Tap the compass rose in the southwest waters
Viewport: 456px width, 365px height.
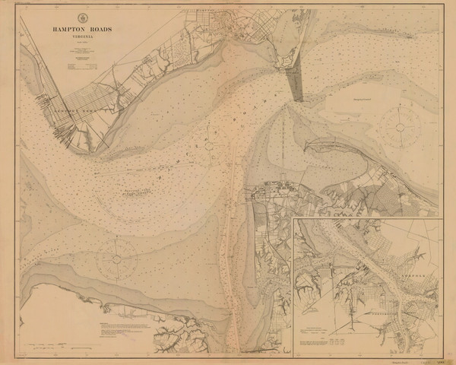click(116, 258)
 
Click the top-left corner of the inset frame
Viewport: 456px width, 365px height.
click(294, 217)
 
